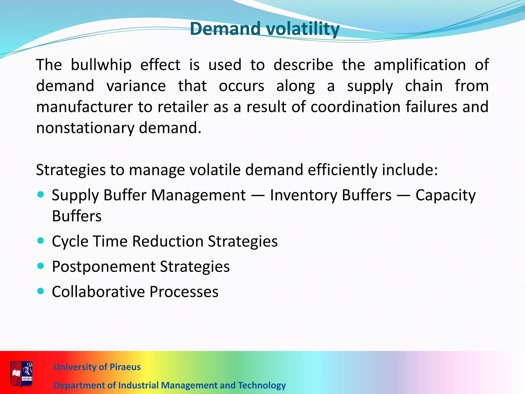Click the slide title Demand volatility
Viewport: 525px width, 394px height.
(265, 29)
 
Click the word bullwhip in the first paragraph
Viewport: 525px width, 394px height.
(101, 65)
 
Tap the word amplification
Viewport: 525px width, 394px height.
(420, 65)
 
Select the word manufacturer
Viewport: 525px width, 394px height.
(84, 107)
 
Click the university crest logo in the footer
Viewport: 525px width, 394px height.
(22, 373)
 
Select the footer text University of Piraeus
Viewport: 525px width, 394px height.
(97, 367)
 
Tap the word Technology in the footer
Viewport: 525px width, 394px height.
(262, 385)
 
